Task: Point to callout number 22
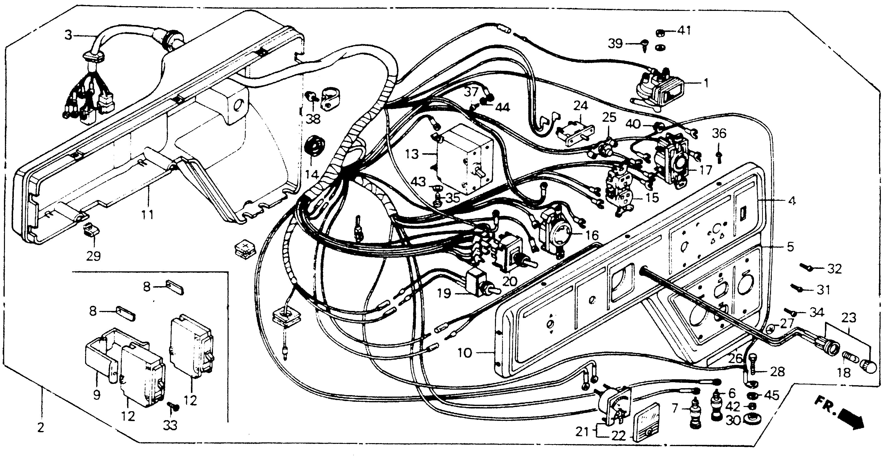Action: coord(618,436)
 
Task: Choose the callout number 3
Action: coord(69,35)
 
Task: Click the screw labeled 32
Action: coord(807,267)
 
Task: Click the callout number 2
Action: coord(41,428)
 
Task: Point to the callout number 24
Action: coord(581,106)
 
